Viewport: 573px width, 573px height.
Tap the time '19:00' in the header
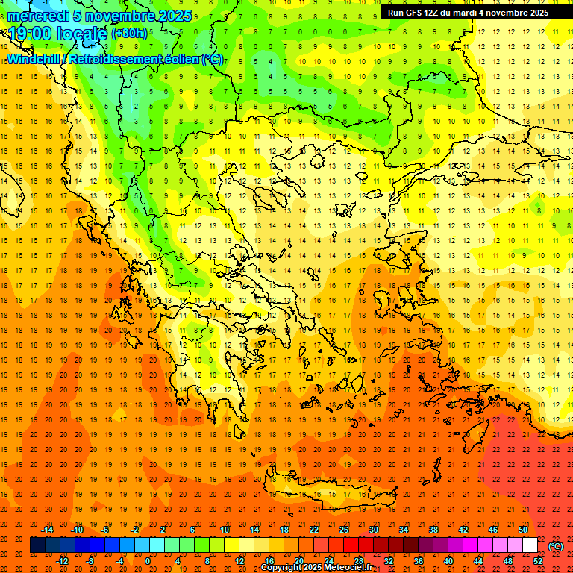click(x=29, y=34)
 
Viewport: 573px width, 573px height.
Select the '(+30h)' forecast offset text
click(x=129, y=34)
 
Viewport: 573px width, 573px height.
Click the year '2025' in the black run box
click(x=534, y=13)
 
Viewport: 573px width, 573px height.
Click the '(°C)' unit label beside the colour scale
click(x=555, y=546)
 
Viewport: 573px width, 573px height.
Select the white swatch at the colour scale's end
click(x=530, y=545)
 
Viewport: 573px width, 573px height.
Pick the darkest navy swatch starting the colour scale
click(x=37, y=545)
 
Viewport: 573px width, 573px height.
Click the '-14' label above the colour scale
click(x=48, y=530)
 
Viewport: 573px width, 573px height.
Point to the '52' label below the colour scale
click(x=538, y=561)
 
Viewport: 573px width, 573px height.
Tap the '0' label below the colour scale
click(x=148, y=561)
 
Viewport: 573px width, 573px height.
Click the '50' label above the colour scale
click(x=522, y=530)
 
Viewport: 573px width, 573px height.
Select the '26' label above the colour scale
click(x=344, y=530)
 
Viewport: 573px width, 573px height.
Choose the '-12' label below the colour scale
click(x=62, y=561)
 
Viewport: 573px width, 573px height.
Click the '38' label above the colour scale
click(x=433, y=530)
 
